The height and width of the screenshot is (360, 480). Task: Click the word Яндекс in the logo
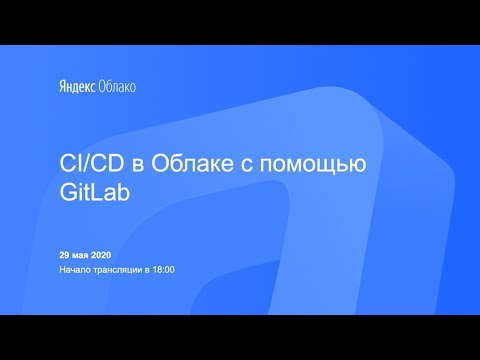(77, 86)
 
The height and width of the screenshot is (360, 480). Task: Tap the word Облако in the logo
(118, 86)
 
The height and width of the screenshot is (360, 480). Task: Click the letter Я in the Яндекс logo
(60, 86)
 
